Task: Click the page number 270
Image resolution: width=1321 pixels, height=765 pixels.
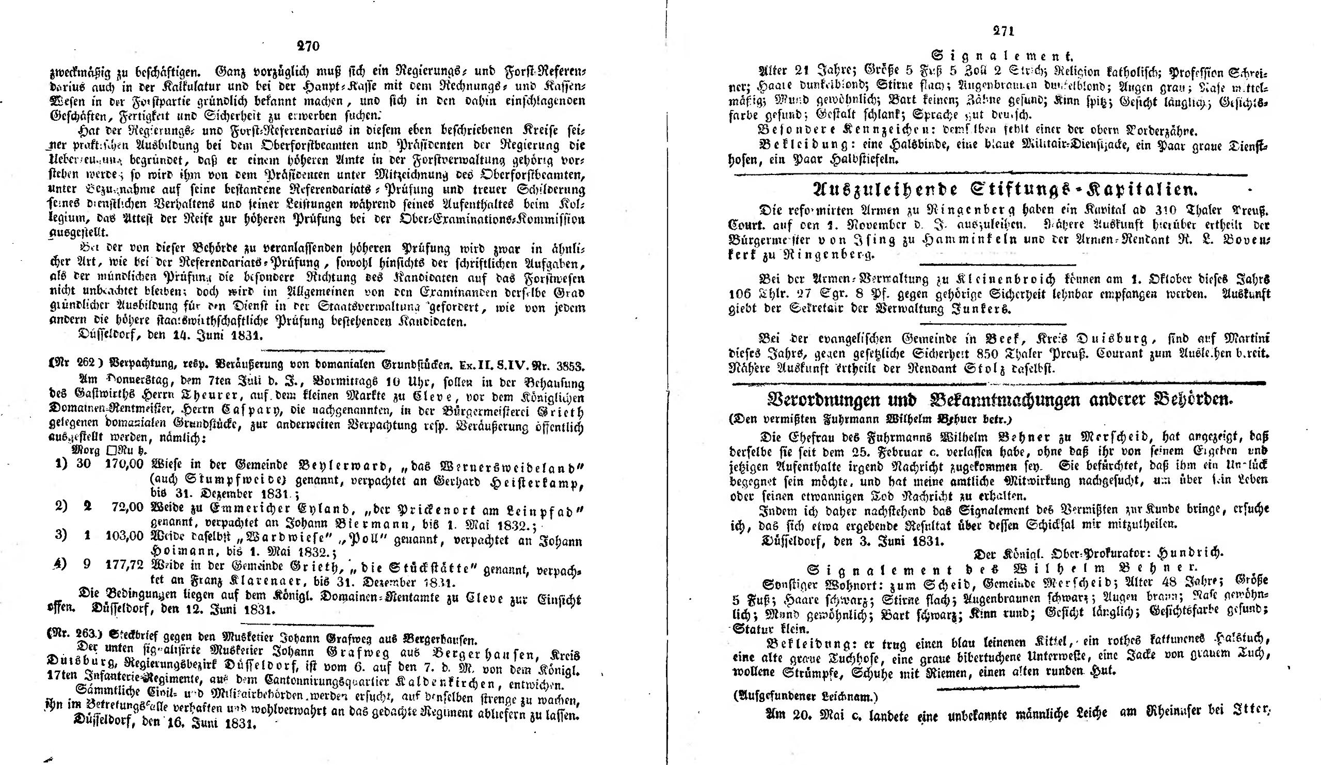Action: click(308, 46)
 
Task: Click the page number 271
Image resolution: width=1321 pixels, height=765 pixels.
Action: click(1004, 31)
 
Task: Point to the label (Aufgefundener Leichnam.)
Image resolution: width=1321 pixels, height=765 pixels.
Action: click(804, 697)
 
